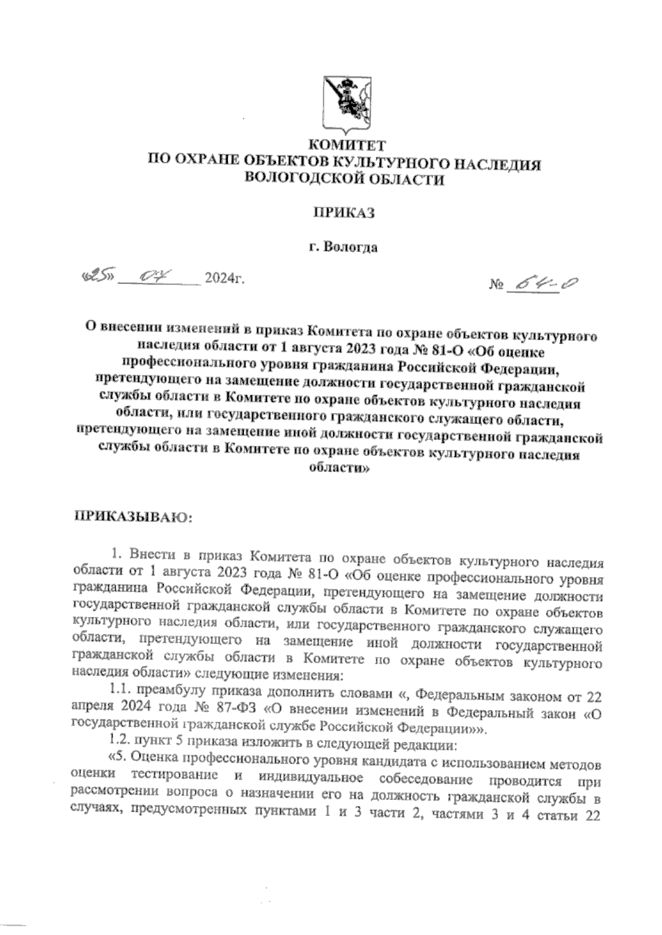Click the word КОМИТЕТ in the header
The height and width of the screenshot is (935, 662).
coord(344,146)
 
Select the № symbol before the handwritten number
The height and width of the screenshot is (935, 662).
coord(496,286)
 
